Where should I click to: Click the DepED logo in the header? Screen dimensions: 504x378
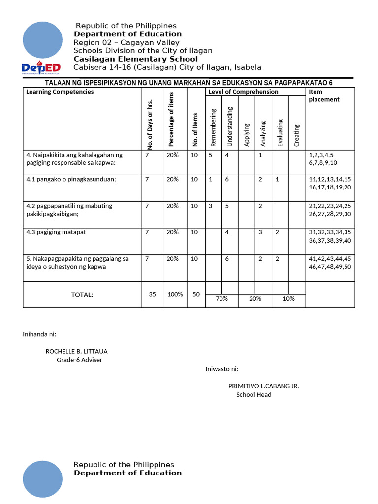pyautogui.click(x=41, y=67)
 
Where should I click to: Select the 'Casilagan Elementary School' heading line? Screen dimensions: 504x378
pyautogui.click(x=135, y=59)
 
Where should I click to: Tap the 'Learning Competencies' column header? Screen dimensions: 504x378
pyautogui.click(x=60, y=92)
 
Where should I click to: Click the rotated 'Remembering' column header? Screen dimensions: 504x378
pyautogui.click(x=213, y=127)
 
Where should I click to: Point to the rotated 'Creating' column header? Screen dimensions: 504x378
pyautogui.click(x=296, y=134)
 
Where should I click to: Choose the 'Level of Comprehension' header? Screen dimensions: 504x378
pyautogui.click(x=243, y=92)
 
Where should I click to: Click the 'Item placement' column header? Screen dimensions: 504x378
pyautogui.click(x=323, y=95)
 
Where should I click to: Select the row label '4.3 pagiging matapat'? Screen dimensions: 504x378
pyautogui.click(x=56, y=232)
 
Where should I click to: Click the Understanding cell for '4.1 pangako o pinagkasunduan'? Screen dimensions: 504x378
pyautogui.click(x=227, y=180)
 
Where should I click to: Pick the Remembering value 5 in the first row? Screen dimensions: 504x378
pyautogui.click(x=210, y=155)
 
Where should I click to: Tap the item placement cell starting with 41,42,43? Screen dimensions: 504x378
pyautogui.click(x=329, y=262)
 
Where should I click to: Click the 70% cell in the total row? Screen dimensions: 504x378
pyautogui.click(x=221, y=299)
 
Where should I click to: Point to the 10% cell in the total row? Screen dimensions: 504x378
pyautogui.click(x=288, y=299)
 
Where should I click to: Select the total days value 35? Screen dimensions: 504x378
pyautogui.click(x=152, y=294)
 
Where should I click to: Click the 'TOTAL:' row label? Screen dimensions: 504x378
pyautogui.click(x=82, y=295)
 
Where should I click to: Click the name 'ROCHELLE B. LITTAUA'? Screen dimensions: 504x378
pyautogui.click(x=76, y=351)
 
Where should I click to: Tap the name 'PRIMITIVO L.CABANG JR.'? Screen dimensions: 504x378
pyautogui.click(x=263, y=386)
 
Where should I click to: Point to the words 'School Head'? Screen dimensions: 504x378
pyautogui.click(x=253, y=394)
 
